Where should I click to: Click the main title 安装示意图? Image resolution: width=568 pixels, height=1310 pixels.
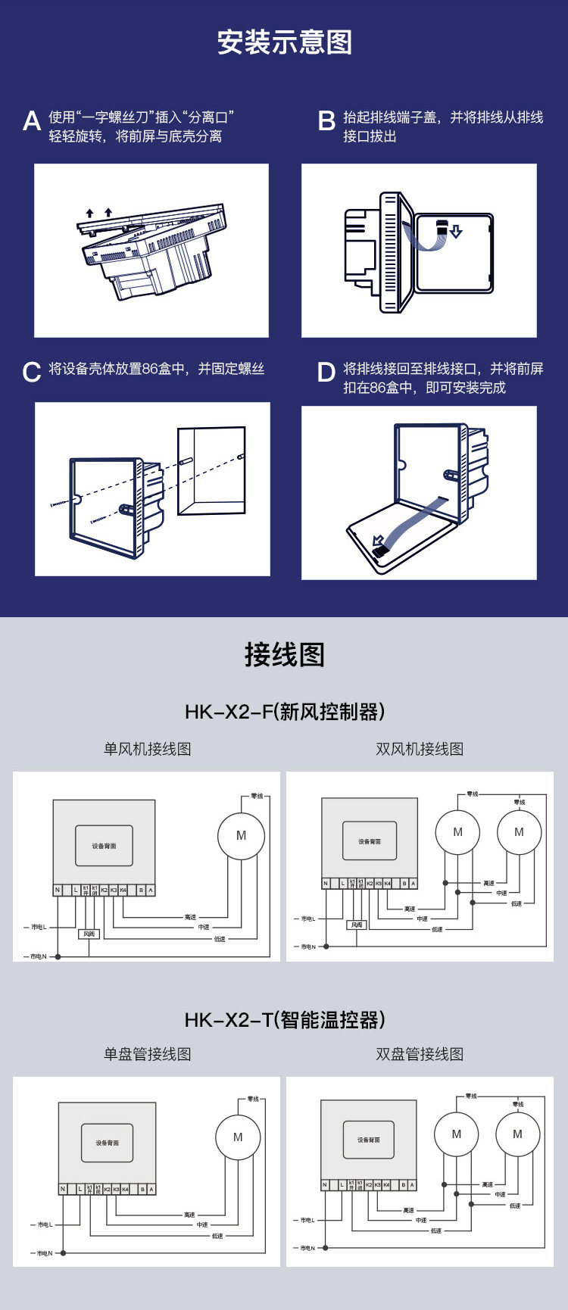284,42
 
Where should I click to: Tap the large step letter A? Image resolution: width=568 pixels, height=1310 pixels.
32,121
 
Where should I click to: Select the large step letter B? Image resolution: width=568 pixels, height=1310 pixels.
326,121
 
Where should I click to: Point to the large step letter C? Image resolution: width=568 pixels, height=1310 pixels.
32,373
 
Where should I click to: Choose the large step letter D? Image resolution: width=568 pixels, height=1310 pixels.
326,373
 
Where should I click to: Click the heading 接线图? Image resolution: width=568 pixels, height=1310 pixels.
284,654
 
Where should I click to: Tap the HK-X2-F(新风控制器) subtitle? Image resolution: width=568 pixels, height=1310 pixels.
284,712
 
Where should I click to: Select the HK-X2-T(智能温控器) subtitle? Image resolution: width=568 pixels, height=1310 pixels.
284,1020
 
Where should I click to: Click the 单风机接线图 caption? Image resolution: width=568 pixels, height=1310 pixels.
148,749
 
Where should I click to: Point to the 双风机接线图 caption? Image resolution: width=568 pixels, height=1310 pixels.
420,749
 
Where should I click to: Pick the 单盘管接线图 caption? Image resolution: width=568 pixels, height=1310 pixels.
148,1054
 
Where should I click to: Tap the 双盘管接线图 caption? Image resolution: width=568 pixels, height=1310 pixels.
420,1054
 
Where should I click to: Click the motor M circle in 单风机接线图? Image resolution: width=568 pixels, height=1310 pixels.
241,836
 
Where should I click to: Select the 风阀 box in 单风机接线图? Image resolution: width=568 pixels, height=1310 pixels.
89,934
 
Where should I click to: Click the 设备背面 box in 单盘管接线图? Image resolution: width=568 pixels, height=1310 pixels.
107,1143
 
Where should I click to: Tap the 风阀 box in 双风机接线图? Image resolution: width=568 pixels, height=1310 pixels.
357,925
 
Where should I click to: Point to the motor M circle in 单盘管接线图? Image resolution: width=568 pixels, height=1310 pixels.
238,1137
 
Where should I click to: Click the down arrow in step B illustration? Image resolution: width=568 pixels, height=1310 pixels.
455,232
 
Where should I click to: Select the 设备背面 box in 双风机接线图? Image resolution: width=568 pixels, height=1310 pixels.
370,841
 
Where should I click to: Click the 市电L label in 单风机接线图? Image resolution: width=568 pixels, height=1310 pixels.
38,927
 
